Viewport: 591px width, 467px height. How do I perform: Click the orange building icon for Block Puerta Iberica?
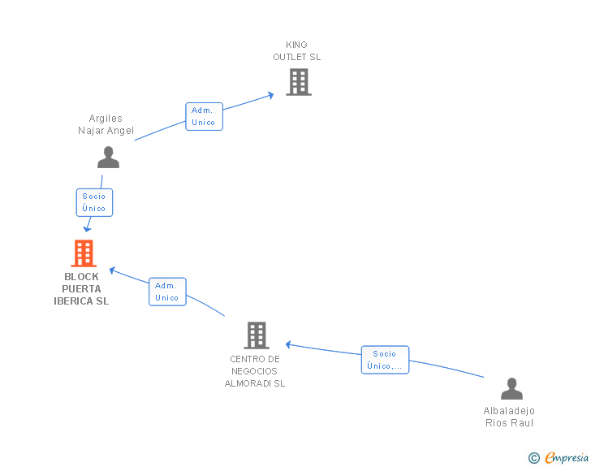pos(84,253)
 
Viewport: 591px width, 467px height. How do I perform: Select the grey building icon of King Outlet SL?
pos(298,82)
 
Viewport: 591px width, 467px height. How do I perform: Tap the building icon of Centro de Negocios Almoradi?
pos(256,335)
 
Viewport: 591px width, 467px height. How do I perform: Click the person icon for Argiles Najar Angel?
pos(108,158)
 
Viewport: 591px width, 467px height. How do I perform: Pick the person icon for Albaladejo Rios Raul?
pos(511,389)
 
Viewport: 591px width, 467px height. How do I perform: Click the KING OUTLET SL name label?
pos(297,51)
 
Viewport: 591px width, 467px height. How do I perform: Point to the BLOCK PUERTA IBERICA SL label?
pos(81,289)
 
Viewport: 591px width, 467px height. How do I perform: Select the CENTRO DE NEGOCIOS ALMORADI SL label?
pos(255,371)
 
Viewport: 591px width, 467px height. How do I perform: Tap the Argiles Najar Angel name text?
pos(106,124)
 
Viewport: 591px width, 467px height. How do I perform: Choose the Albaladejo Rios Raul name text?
pos(510,417)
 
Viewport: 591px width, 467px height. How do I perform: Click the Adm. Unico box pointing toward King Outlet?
pos(204,116)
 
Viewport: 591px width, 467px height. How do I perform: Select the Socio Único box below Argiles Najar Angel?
pos(94,202)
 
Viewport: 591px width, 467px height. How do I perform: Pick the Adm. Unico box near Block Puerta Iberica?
pos(167,292)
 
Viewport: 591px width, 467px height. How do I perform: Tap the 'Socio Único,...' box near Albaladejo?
pos(385,360)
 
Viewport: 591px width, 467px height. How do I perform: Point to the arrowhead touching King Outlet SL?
pos(270,95)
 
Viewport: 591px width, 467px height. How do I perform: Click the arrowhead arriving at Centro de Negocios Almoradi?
pos(288,344)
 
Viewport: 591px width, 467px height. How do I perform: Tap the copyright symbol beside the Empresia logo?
pos(533,458)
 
